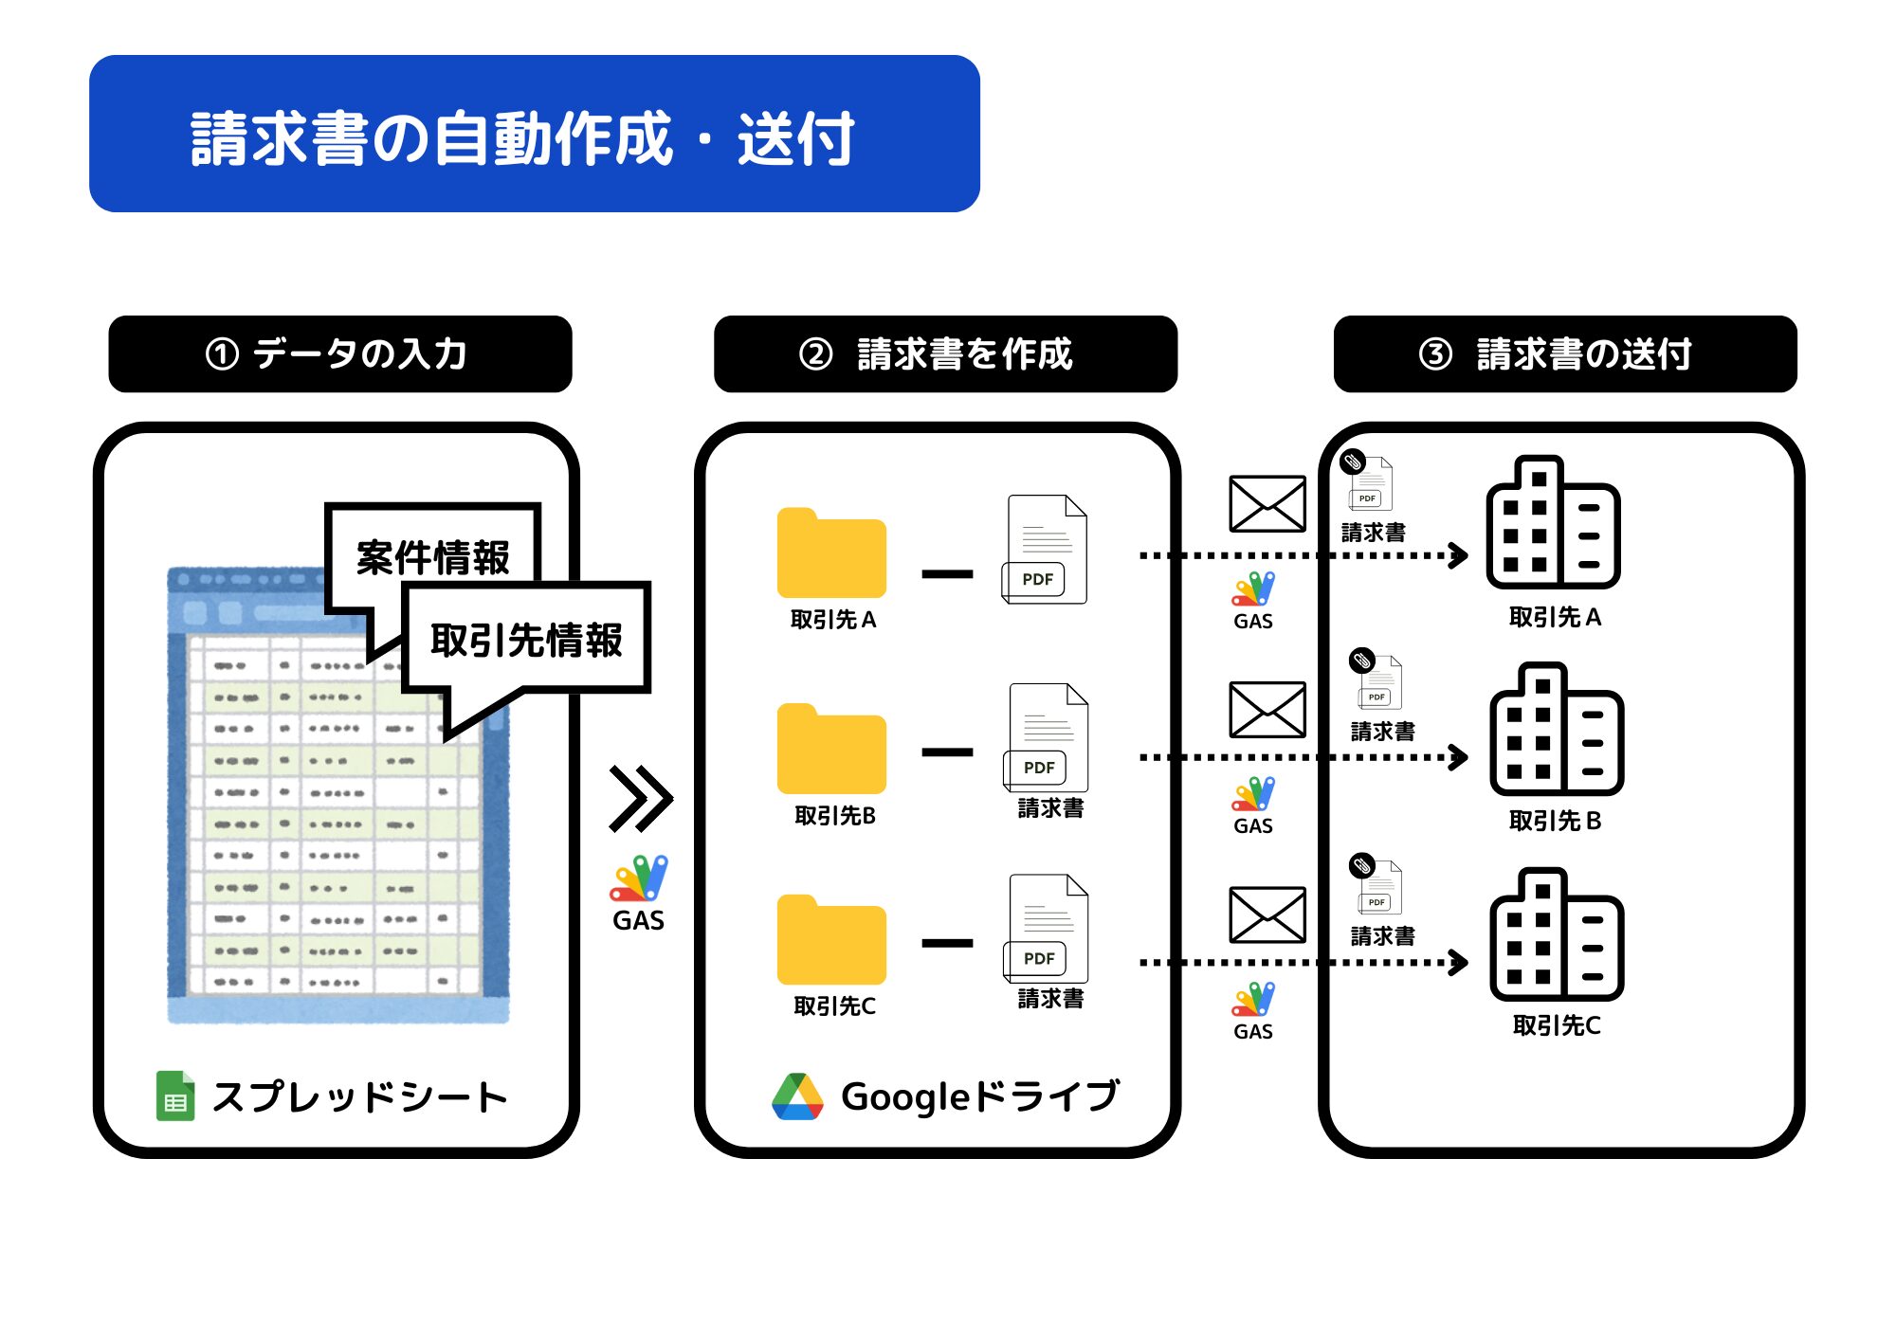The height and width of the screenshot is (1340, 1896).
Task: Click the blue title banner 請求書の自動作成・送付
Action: (535, 134)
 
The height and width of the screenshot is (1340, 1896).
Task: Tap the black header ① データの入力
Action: (340, 353)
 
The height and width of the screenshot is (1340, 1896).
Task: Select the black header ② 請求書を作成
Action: (945, 353)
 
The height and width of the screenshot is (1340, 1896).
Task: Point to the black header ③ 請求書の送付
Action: (1565, 353)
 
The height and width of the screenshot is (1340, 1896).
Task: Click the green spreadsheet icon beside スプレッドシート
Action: (175, 1096)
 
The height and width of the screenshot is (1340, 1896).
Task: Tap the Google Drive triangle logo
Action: (797, 1096)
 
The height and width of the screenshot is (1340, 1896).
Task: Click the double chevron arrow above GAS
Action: (641, 799)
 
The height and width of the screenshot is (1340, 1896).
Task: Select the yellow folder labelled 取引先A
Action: (831, 553)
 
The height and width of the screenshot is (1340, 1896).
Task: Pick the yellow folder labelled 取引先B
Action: (831, 750)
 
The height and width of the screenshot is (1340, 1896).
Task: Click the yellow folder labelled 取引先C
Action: (831, 940)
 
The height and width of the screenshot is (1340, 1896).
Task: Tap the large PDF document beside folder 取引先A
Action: (1045, 550)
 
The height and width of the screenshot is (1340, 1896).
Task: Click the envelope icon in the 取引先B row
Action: (1267, 710)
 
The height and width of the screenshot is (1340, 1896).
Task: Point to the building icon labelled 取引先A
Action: (1553, 522)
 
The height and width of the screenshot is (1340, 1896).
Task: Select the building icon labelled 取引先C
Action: (1557, 934)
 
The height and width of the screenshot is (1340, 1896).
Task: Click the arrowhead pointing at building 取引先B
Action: (1459, 757)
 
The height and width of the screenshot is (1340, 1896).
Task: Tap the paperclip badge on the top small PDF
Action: (1353, 462)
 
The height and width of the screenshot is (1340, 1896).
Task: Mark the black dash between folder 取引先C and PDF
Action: (947, 943)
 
